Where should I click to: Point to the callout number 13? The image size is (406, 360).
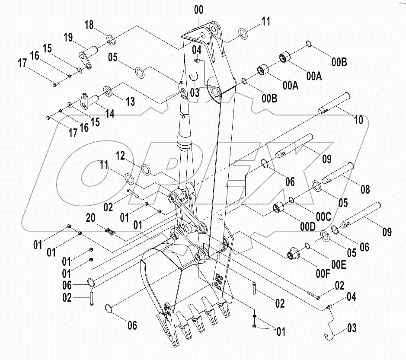[x=130, y=102]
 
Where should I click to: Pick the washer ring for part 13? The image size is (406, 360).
[x=107, y=91]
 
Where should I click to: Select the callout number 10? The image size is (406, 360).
[x=358, y=120]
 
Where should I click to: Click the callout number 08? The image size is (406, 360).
[x=365, y=189]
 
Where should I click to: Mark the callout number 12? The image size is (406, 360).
[x=120, y=156]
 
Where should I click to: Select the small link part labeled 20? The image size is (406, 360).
[x=110, y=231]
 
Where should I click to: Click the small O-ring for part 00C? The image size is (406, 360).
[x=292, y=200]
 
